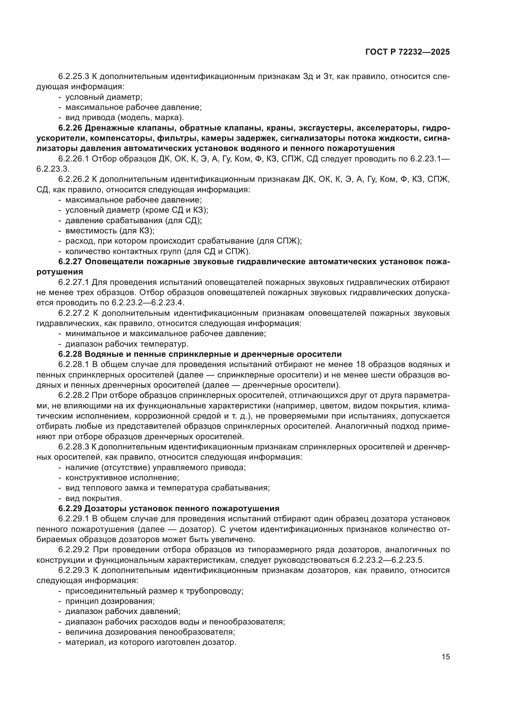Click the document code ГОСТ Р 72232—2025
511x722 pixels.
[408, 52]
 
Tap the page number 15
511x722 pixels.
[446, 657]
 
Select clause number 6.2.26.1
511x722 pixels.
[74, 159]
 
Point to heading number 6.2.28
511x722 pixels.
[70, 354]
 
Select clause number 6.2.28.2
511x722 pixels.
[74, 395]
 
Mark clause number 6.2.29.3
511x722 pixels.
[74, 570]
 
